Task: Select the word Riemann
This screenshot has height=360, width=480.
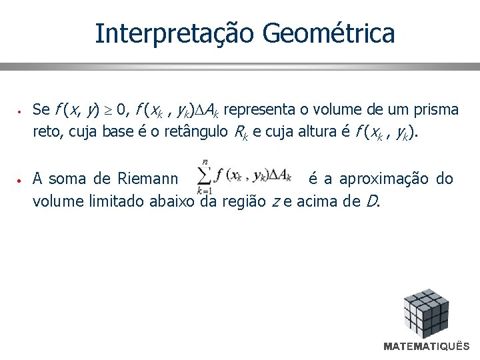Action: click(147, 179)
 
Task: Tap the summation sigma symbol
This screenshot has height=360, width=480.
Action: click(203, 176)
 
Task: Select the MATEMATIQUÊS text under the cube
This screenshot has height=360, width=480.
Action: click(427, 347)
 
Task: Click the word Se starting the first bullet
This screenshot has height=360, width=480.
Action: click(41, 109)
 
